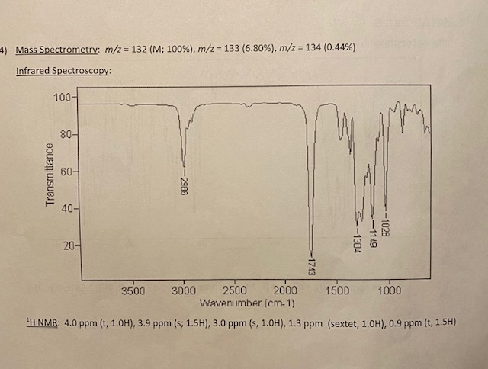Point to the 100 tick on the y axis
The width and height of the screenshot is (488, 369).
(63, 98)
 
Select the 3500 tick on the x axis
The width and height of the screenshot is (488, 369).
(133, 292)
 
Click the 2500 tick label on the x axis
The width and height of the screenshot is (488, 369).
(234, 292)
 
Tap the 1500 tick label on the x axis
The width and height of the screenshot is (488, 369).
(337, 292)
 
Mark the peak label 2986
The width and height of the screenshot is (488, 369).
(185, 183)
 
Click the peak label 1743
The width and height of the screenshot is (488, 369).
(312, 265)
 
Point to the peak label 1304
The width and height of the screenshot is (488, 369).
(357, 241)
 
